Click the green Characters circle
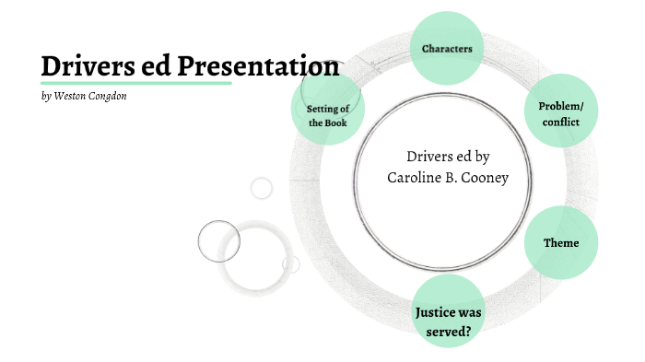(447, 48)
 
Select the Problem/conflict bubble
(560, 114)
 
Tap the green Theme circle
(561, 243)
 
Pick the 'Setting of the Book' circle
(328, 115)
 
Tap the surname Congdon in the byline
(107, 97)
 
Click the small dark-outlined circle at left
(218, 242)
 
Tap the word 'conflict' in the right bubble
(560, 123)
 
